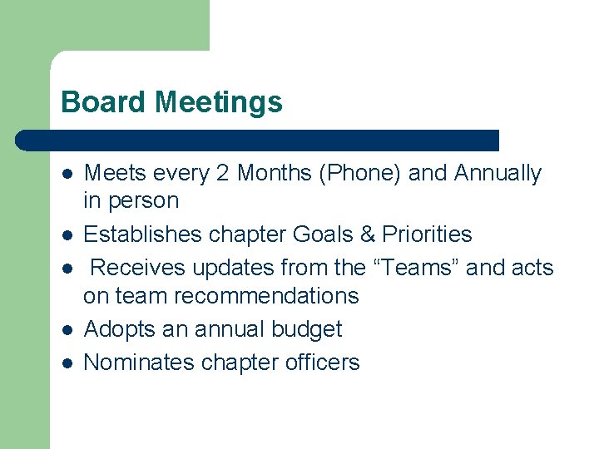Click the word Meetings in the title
[219, 102]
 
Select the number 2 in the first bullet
[222, 173]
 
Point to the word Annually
[498, 173]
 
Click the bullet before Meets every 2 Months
[66, 174]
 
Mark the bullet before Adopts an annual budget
[66, 330]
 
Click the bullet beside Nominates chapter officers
[66, 363]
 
